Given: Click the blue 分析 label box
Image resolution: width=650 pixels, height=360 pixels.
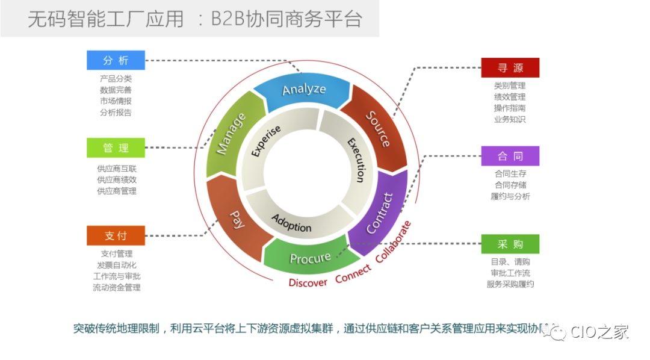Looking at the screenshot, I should coord(116,60).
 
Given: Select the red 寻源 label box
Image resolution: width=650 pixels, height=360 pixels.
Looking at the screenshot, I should coord(510,68).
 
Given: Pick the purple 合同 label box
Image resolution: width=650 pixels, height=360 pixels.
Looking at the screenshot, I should coord(510,156).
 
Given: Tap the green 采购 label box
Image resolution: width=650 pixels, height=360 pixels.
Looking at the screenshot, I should coord(510,244).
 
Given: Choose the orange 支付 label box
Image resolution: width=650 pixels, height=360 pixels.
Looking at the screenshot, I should coord(116,235).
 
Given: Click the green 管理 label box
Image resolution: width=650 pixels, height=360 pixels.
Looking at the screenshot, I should coord(116,148).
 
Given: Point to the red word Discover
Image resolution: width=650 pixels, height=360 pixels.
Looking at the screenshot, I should coord(308,282).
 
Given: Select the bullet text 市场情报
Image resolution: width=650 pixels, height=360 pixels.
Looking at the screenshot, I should coord(116,101).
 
